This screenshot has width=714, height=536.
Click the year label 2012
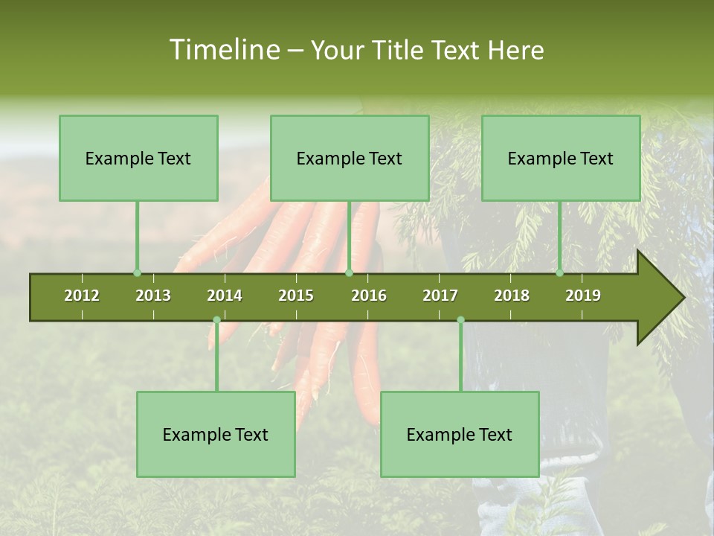82,296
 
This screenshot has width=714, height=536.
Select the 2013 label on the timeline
153,296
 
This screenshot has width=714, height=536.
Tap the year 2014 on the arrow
225,296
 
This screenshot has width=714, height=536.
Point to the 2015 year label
296,296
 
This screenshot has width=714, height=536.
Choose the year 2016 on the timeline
369,296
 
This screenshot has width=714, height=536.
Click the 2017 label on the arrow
440,296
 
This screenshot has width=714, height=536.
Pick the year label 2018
512,296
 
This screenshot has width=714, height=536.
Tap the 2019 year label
583,296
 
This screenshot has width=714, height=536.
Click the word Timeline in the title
223,50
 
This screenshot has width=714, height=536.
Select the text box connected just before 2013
138,158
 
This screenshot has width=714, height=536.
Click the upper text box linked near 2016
350,158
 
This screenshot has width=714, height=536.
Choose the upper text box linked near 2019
561,158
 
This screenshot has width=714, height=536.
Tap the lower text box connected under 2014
216,434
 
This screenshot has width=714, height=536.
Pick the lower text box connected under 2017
460,434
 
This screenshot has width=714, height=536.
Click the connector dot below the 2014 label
216,319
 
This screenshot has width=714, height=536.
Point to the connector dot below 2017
460,319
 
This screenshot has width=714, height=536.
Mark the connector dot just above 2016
349,273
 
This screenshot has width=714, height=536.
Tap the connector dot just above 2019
560,273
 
